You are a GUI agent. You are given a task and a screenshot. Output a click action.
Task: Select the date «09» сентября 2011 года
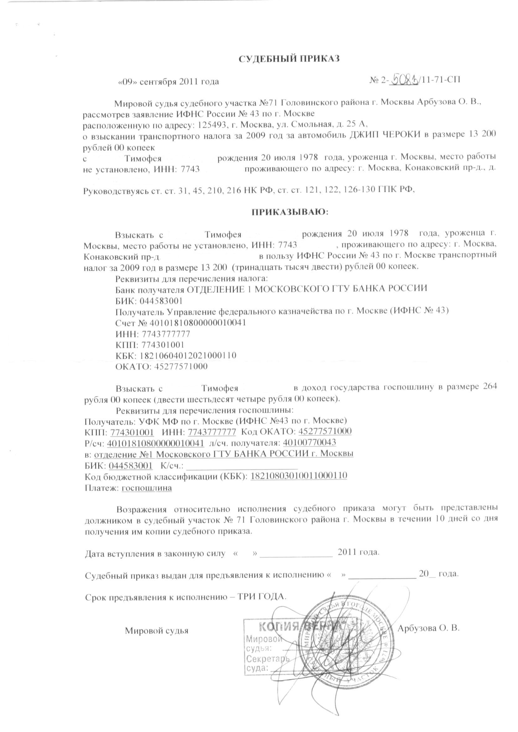pyautogui.click(x=168, y=82)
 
